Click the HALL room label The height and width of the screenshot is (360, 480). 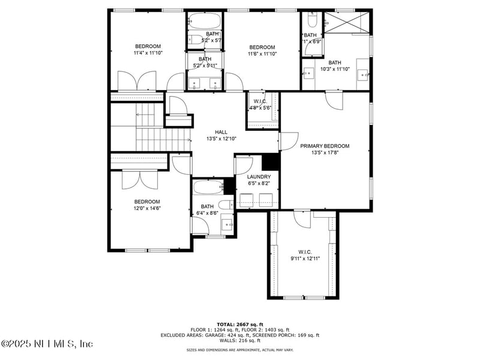coord(221,131)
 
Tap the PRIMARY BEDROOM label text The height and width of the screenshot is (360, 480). coord(325,146)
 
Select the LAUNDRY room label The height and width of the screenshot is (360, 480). coord(259,177)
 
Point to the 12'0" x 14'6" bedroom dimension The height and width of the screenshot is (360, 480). coord(147,208)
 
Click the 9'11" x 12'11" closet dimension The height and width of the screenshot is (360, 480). coord(305,259)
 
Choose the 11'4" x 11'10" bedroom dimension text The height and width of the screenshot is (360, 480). coord(148,53)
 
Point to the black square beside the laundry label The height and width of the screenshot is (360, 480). coord(271,161)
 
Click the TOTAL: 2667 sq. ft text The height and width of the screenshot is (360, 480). coord(240,323)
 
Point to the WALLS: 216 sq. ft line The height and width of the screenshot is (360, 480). coord(240,341)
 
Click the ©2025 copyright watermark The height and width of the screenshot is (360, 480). coord(47,344)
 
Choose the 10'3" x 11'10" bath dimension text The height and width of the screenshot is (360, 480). coord(334,69)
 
